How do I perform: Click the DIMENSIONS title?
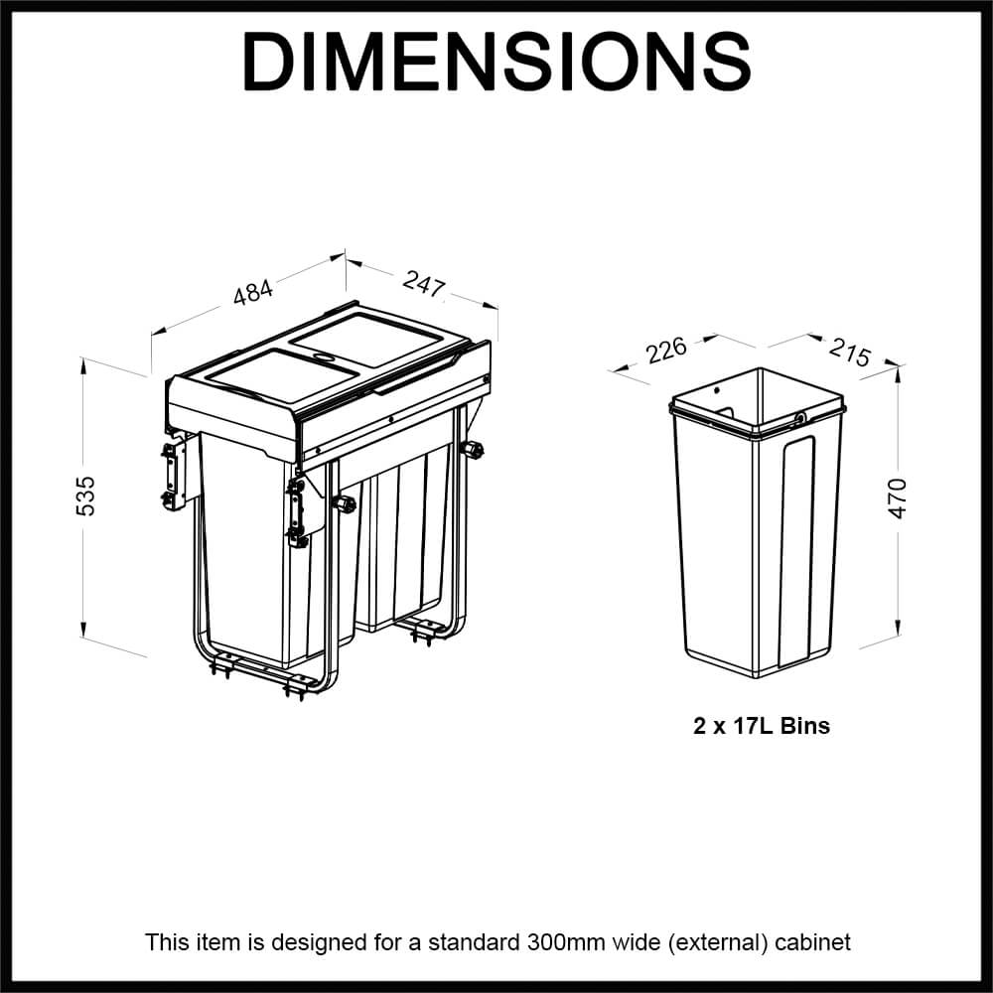pyautogui.click(x=496, y=62)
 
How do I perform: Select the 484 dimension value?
pyautogui.click(x=253, y=294)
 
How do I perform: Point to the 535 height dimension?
pyautogui.click(x=86, y=496)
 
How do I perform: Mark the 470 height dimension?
pyautogui.click(x=898, y=497)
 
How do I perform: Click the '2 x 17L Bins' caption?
pyautogui.click(x=761, y=726)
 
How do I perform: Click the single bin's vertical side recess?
pyautogui.click(x=801, y=556)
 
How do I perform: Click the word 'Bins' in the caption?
pyautogui.click(x=805, y=726)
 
